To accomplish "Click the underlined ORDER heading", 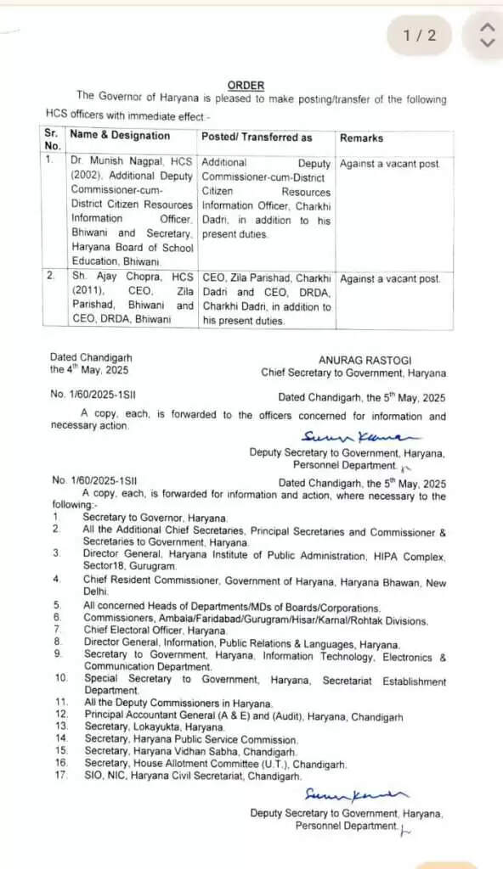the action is click(x=246, y=86).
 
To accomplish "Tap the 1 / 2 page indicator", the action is click(x=419, y=35).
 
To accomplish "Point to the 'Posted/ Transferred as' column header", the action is click(x=257, y=137).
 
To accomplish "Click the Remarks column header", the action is click(x=361, y=137).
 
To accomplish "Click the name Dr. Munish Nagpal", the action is click(x=113, y=161).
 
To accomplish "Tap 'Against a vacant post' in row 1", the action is click(x=390, y=161).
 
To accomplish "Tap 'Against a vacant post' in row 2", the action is click(x=390, y=278).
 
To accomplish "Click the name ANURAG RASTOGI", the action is click(x=365, y=360).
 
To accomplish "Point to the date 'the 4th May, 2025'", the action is click(x=85, y=370).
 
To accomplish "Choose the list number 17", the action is click(x=60, y=776).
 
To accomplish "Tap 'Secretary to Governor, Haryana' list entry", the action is click(x=155, y=518).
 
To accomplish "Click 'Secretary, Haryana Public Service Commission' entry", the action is click(x=190, y=740).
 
